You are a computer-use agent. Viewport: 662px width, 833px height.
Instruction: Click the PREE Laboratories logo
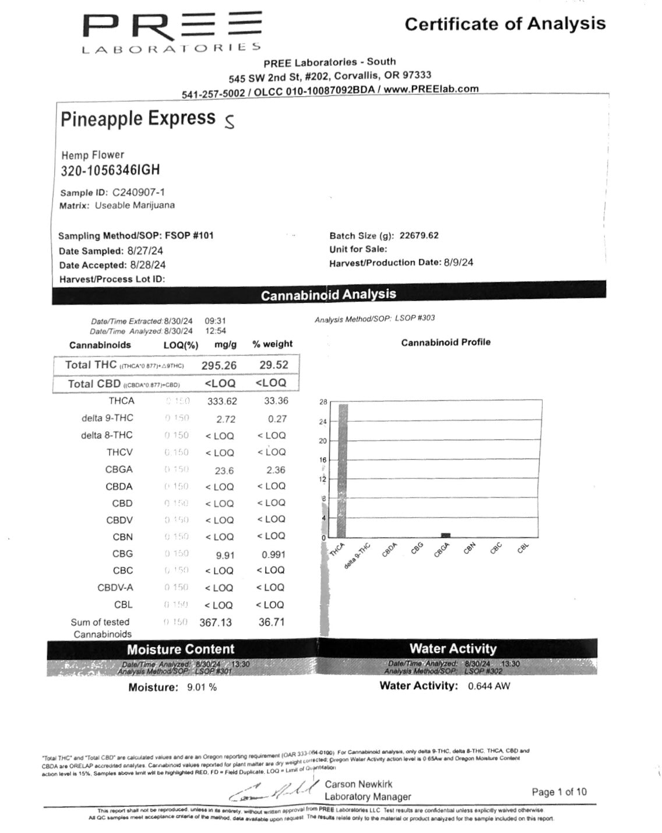point(172,32)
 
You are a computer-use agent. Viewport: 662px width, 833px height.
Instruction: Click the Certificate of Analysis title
point(505,24)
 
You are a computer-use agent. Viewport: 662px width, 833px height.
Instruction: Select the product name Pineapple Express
point(138,118)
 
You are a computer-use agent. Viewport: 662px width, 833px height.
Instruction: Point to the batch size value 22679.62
point(419,236)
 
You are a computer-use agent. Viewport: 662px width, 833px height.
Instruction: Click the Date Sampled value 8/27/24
point(145,251)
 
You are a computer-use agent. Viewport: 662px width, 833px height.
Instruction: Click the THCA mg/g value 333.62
point(222,401)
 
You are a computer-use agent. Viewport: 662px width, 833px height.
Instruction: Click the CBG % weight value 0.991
point(273,555)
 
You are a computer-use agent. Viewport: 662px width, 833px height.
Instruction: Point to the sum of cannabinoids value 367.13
point(216,622)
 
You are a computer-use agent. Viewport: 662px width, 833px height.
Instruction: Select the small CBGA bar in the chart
point(445,535)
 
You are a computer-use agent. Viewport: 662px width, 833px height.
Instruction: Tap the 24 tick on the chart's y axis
point(323,422)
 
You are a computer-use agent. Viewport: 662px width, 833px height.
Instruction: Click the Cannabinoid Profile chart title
point(445,342)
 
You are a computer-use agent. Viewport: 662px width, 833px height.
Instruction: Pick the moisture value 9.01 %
point(202,687)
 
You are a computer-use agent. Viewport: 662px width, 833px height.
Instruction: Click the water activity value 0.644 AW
point(488,686)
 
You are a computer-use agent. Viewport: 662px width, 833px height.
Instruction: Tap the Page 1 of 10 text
point(559,792)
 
